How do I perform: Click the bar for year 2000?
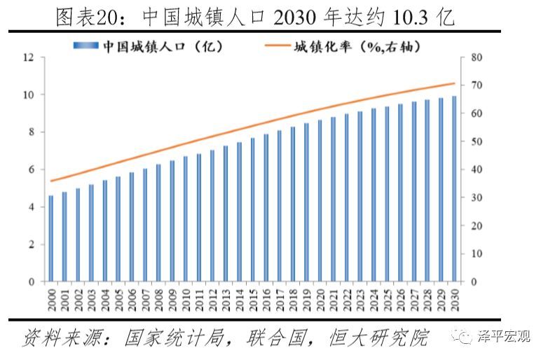coord(50,239)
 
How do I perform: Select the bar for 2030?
coord(453,189)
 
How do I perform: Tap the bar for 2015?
coord(252,210)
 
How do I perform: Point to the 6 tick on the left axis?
coord(31,170)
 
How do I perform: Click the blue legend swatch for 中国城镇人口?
coord(87,46)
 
